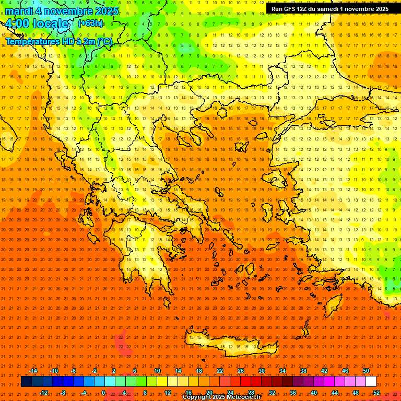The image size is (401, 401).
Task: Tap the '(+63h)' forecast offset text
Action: pyautogui.click(x=90, y=23)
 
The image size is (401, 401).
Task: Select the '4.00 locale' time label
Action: pyautogui.click(x=37, y=24)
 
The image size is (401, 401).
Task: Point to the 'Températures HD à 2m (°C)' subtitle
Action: pyautogui.click(x=59, y=41)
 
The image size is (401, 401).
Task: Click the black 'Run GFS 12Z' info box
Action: pyautogui.click(x=330, y=9)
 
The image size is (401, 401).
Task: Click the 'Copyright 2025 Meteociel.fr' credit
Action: pyautogui.click(x=222, y=397)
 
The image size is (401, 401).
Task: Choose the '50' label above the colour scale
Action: pyautogui.click(x=366, y=371)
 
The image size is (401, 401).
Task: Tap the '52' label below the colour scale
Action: pyautogui.click(x=376, y=392)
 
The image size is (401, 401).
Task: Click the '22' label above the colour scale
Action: pyautogui.click(x=220, y=371)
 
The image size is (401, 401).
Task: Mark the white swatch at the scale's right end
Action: pyautogui.click(x=371, y=382)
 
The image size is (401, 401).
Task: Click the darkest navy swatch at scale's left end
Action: pyautogui.click(x=27, y=382)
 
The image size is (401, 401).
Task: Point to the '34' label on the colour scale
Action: pyautogui.click(x=282, y=371)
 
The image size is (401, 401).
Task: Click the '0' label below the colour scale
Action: pyautogui.click(x=103, y=392)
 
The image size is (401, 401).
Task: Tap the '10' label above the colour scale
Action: pyautogui.click(x=157, y=371)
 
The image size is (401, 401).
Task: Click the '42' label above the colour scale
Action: pyautogui.click(x=324, y=371)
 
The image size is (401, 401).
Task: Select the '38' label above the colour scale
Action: pyautogui.click(x=303, y=371)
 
